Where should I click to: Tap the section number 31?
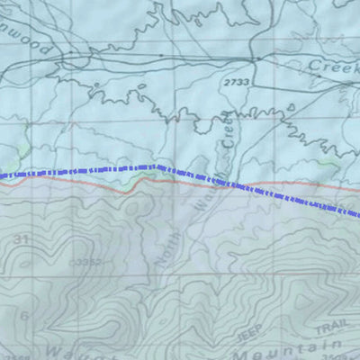click(22, 238)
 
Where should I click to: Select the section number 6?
click(24, 315)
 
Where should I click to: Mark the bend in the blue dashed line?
click(158, 166)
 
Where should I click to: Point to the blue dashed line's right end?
click(358, 216)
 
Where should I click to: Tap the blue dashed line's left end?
click(2, 175)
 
